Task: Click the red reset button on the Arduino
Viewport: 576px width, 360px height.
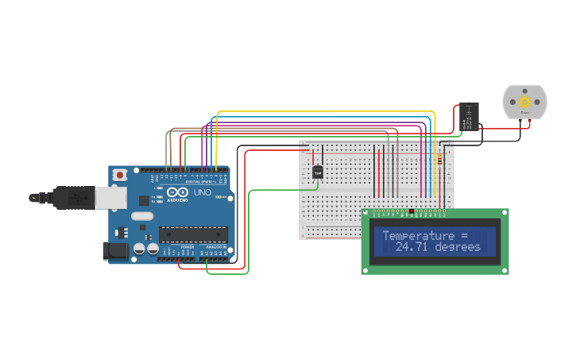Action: click(120, 174)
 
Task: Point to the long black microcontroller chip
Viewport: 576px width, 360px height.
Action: click(193, 234)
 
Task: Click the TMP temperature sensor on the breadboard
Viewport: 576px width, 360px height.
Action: click(318, 172)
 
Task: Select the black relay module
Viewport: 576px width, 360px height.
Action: click(469, 117)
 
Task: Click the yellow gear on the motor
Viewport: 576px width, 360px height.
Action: click(524, 102)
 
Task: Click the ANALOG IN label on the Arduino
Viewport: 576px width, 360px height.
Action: click(215, 247)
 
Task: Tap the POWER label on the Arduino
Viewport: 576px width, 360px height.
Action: click(187, 247)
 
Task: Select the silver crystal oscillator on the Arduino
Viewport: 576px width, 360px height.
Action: click(141, 215)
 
